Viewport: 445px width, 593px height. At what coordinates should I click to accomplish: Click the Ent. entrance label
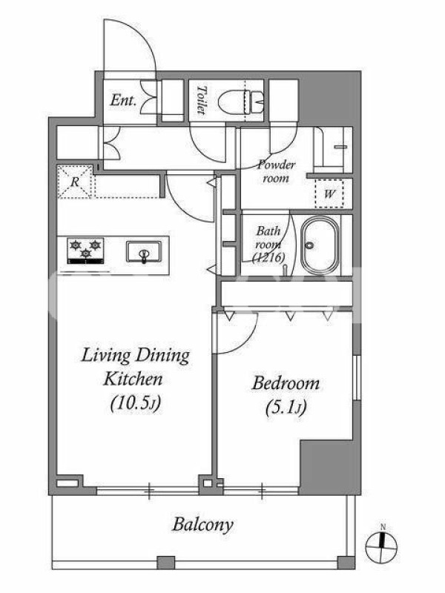click(123, 100)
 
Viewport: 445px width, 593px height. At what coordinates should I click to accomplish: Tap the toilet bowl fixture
click(241, 102)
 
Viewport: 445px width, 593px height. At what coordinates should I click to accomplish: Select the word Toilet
click(202, 100)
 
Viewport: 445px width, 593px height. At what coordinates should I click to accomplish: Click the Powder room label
click(276, 171)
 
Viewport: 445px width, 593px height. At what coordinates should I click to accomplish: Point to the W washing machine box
click(329, 193)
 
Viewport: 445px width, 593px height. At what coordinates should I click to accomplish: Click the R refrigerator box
click(75, 182)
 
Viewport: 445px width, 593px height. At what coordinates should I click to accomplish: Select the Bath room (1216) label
click(269, 245)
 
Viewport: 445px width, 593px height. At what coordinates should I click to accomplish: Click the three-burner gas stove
click(85, 250)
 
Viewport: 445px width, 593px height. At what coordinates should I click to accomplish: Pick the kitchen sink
click(144, 251)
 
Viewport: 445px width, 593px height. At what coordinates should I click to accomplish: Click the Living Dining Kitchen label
click(135, 367)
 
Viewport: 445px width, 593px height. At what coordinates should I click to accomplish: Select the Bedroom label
click(286, 383)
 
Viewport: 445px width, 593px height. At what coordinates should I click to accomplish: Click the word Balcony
click(202, 525)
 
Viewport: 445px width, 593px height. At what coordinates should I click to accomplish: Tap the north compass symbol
click(382, 546)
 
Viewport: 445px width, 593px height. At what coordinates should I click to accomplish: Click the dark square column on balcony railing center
click(165, 563)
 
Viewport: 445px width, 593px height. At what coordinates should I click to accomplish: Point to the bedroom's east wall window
click(357, 377)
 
